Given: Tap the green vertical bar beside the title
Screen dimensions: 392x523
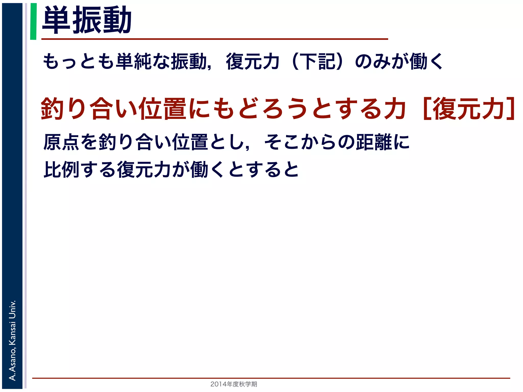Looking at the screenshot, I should click(x=33, y=21).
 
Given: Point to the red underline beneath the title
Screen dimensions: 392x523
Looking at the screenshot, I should click(x=215, y=39).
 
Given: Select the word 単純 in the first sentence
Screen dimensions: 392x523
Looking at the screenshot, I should click(x=134, y=62).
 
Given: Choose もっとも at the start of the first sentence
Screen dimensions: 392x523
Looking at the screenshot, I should click(x=78, y=62).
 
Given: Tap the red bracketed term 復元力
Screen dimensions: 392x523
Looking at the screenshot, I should click(x=469, y=109).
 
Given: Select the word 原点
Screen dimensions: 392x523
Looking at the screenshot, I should click(x=62, y=142).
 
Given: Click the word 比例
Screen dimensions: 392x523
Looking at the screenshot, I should click(x=62, y=169).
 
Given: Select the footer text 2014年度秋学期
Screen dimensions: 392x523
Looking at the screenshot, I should click(x=234, y=384).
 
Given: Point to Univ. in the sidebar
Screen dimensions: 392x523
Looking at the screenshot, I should click(x=12, y=309).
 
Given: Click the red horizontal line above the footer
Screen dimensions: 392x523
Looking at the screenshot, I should click(x=271, y=378).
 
